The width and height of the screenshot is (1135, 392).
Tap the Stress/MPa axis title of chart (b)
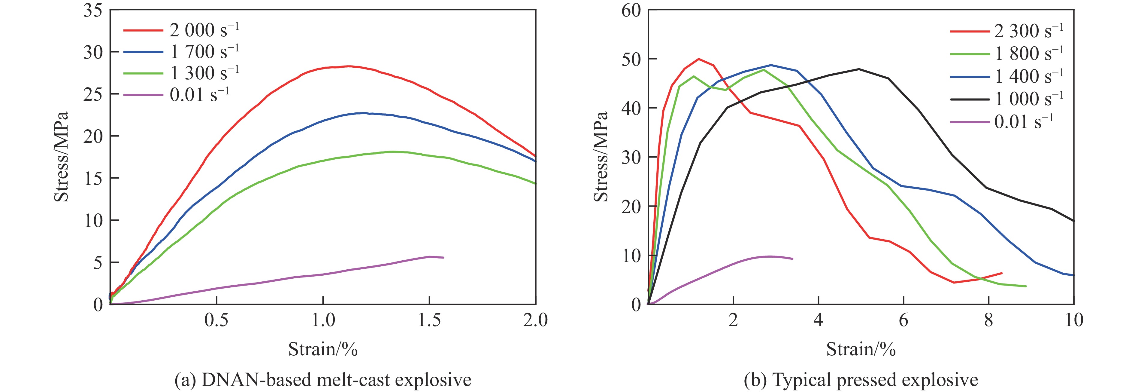click(601, 157)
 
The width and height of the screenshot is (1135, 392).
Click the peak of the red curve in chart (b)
click(698, 59)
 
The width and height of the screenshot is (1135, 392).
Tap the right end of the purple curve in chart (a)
click(443, 258)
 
